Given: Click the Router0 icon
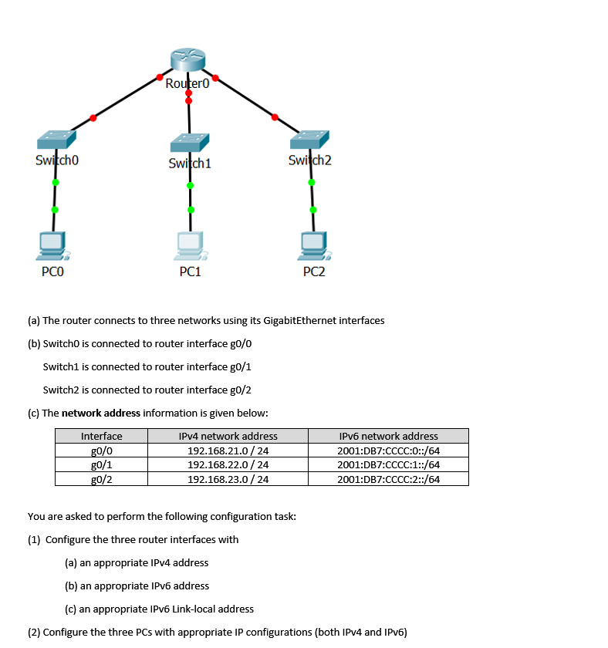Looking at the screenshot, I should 188,60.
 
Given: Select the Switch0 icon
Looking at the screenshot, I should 56,140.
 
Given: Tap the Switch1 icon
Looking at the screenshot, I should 190,143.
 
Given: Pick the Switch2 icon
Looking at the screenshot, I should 309,140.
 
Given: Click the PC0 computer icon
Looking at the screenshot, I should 54,245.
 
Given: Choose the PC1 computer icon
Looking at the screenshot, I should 190,245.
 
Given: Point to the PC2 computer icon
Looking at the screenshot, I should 314,245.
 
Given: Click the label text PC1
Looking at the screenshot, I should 190,272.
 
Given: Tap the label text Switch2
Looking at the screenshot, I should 309,160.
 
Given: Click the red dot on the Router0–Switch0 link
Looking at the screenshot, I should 93,118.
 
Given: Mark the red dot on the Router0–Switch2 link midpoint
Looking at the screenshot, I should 274,117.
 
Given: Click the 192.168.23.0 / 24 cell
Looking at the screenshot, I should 228,478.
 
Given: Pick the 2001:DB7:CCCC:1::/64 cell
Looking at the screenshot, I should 388,464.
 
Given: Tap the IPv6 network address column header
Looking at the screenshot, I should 388,437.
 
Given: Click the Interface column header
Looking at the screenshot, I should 102,437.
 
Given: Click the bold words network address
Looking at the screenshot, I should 101,413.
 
